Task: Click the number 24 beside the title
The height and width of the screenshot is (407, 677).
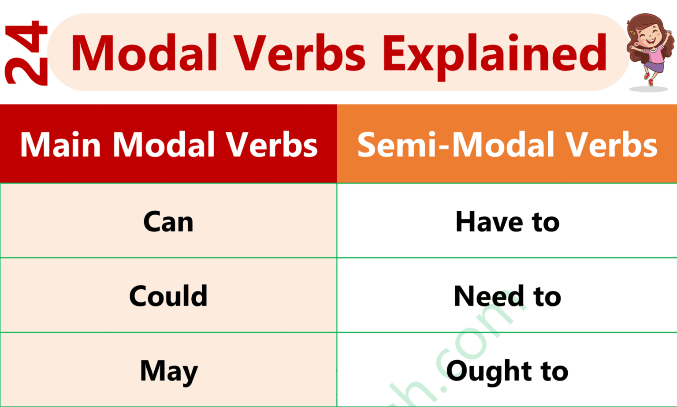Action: point(26,53)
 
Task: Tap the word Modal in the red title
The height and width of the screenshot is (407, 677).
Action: point(144,53)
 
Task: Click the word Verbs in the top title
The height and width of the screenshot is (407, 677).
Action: point(299,53)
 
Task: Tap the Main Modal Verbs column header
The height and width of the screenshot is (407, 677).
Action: point(168,145)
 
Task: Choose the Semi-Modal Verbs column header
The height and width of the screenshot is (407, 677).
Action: point(507,145)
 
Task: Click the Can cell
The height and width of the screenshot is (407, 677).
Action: point(168,221)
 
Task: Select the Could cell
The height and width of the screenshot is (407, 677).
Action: point(168,295)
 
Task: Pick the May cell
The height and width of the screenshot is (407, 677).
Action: point(168,371)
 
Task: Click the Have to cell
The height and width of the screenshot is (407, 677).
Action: point(507,221)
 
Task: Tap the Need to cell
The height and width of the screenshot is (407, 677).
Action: point(507,295)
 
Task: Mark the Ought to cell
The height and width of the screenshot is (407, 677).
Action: point(507,371)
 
